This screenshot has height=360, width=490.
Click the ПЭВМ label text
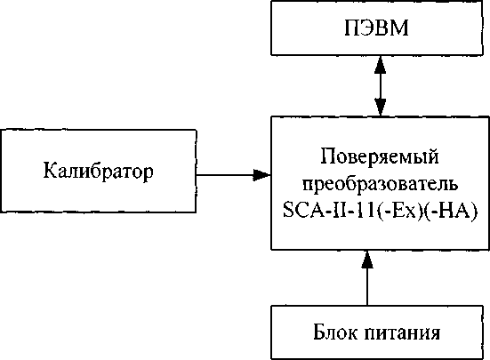pyautogui.click(x=376, y=28)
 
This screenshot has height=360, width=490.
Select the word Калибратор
pyautogui.click(x=99, y=171)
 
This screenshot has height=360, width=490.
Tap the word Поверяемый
pyautogui.click(x=380, y=156)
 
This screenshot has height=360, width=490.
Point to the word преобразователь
pyautogui.click(x=380, y=184)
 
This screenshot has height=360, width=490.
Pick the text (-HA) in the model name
pyautogui.click(x=451, y=210)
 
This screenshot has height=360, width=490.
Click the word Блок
pyautogui.click(x=335, y=332)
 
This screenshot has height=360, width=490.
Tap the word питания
pyautogui.click(x=402, y=332)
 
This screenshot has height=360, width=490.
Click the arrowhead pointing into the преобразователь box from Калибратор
pyautogui.click(x=261, y=175)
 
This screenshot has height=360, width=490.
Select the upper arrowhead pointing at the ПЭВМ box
pyautogui.click(x=380, y=65)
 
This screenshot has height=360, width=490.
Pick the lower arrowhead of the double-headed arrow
pyautogui.click(x=380, y=108)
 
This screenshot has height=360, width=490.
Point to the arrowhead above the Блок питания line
pyautogui.click(x=367, y=260)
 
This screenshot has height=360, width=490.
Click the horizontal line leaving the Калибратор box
pyautogui.click(x=225, y=175)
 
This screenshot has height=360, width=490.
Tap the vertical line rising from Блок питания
pyautogui.click(x=367, y=286)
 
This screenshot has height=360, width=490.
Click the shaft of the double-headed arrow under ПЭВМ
pyautogui.click(x=380, y=86)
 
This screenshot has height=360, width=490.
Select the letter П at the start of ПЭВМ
pyautogui.click(x=352, y=28)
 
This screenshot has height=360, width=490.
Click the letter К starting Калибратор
pyautogui.click(x=51, y=170)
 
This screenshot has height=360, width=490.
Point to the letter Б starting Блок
pyautogui.click(x=319, y=332)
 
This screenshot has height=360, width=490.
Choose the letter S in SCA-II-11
pyautogui.click(x=288, y=210)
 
